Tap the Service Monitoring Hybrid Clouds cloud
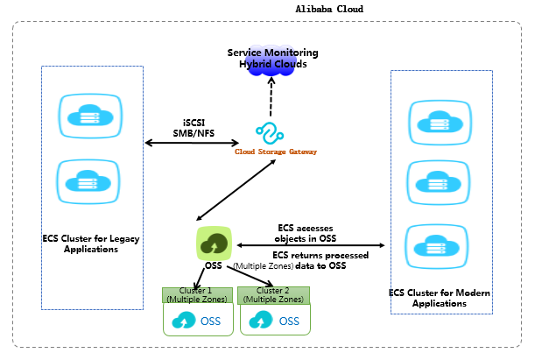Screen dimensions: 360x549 [272, 60]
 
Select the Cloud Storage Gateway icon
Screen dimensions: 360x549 [271, 132]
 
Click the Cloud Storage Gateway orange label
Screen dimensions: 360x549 [275, 152]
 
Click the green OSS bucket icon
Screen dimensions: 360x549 [213, 243]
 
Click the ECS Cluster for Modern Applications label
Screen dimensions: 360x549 [441, 298]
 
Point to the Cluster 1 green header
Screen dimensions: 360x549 [198, 294]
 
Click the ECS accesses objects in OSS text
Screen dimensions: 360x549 [306, 232]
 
